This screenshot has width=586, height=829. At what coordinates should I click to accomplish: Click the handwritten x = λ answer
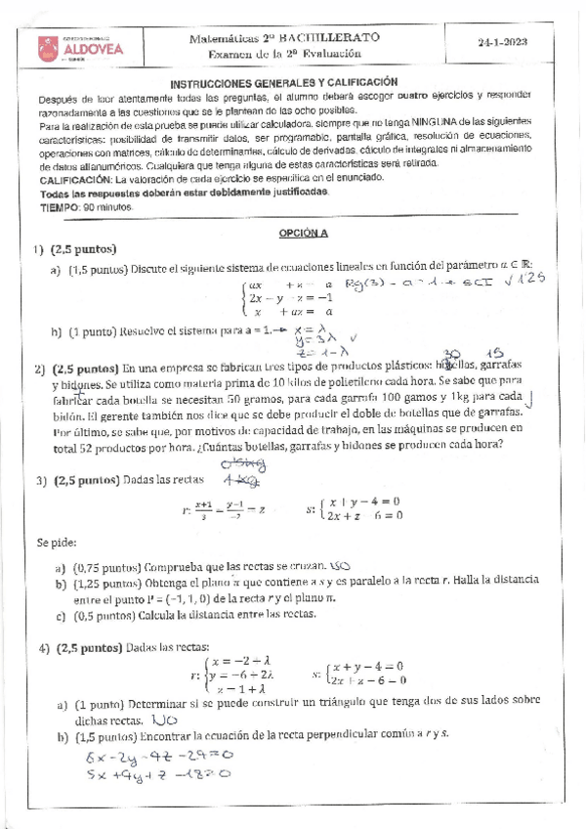point(309,330)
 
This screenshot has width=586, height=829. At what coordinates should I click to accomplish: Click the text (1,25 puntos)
point(104,584)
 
